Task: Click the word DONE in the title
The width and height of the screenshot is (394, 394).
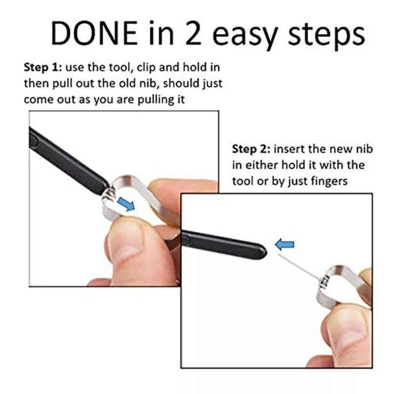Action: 94,33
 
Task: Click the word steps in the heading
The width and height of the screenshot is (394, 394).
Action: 326,36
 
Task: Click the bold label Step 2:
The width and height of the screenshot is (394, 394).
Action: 251,149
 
